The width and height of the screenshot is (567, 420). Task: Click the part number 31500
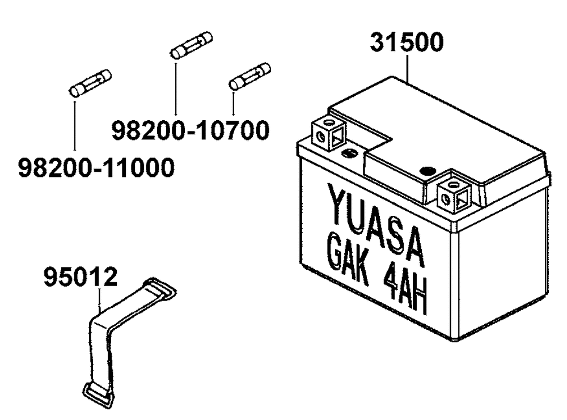point(407,43)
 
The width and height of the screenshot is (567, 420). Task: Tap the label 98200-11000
point(95,168)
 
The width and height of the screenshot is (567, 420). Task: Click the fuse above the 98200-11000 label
point(90,83)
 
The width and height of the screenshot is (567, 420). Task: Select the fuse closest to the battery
point(249,76)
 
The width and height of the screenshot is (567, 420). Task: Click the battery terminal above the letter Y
point(328,134)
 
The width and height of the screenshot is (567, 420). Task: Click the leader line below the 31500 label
point(408,68)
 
